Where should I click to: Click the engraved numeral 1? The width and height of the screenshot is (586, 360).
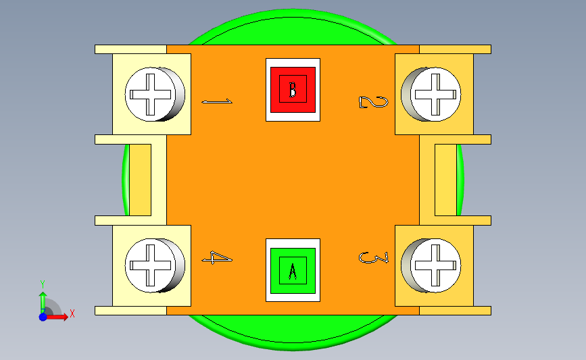tap(217, 102)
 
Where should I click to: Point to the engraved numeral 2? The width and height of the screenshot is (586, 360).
tap(373, 102)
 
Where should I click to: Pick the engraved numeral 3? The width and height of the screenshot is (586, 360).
tap(374, 257)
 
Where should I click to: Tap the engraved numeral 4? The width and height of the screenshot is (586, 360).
tap(218, 258)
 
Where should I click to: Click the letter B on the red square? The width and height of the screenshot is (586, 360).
tap(293, 90)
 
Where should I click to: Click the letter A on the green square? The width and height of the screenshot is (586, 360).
tap(293, 271)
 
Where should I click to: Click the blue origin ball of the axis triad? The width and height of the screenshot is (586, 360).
tap(43, 316)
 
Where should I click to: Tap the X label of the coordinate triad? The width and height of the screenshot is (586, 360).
tap(72, 313)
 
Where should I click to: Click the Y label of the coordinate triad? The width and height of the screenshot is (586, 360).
tap(42, 284)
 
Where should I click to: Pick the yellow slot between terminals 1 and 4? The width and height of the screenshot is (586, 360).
tap(140, 180)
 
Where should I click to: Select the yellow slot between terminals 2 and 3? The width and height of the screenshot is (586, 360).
tap(445, 180)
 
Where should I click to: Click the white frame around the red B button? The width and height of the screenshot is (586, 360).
tap(293, 62)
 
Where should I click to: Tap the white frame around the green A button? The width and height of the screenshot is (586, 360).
tap(293, 243)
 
